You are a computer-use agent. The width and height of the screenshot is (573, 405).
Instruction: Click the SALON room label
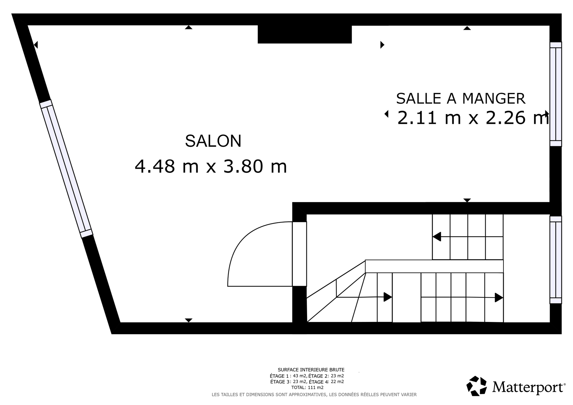213,141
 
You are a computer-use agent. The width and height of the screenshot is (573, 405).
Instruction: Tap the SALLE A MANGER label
461,99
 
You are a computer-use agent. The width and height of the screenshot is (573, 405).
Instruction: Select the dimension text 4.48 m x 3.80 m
211,166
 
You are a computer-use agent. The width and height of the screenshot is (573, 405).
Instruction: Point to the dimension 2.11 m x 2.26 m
473,118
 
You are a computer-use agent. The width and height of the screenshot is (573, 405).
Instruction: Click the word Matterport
528,387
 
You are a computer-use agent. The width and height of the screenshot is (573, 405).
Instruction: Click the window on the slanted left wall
66,169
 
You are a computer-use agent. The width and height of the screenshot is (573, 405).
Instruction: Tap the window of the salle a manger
556,94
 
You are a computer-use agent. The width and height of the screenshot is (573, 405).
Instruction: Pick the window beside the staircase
556,260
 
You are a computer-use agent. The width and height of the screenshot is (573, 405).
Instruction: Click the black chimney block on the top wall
305,34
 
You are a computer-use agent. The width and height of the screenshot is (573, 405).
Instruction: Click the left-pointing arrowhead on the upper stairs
437,237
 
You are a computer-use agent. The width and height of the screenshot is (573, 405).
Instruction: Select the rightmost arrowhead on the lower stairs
499,297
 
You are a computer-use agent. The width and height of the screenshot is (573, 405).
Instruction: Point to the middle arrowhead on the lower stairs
388,297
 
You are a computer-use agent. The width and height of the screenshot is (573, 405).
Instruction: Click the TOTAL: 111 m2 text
307,387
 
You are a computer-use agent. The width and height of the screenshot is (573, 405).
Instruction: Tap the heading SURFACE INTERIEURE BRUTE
311,370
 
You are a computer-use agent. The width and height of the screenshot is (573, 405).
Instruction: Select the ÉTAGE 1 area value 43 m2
300,376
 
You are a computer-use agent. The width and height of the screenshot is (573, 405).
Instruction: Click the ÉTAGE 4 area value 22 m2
337,382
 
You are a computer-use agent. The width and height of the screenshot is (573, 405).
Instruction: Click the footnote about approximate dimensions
314,395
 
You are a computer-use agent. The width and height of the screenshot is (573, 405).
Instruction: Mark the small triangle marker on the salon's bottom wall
189,320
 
